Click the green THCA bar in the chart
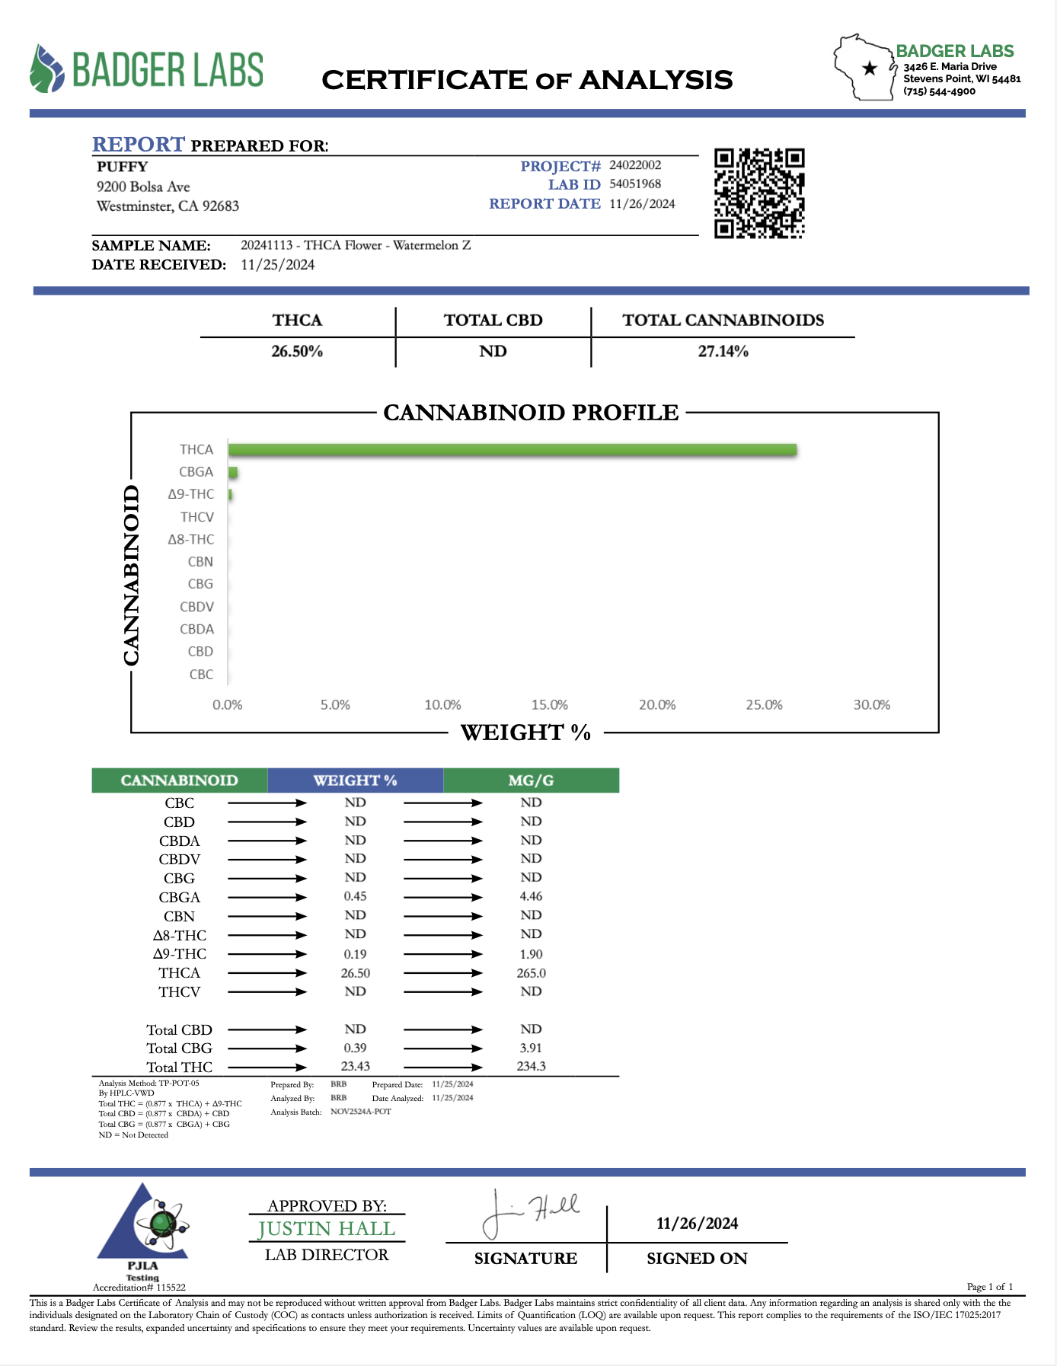point(512,450)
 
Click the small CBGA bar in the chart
point(233,472)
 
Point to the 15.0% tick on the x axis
point(550,705)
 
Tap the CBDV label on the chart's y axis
point(196,607)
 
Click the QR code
point(759,193)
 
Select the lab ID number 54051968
point(635,184)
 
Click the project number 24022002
point(635,165)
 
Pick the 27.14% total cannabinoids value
point(723,352)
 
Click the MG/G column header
point(531,780)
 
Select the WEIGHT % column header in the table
point(355,780)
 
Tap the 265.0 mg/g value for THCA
point(531,973)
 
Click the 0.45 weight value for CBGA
point(355,897)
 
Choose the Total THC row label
point(180,1068)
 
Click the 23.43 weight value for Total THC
point(355,1067)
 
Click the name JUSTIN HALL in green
point(327,1229)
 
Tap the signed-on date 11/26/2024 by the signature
point(697,1224)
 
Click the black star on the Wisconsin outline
point(869,69)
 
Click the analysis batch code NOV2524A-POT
point(361,1112)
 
